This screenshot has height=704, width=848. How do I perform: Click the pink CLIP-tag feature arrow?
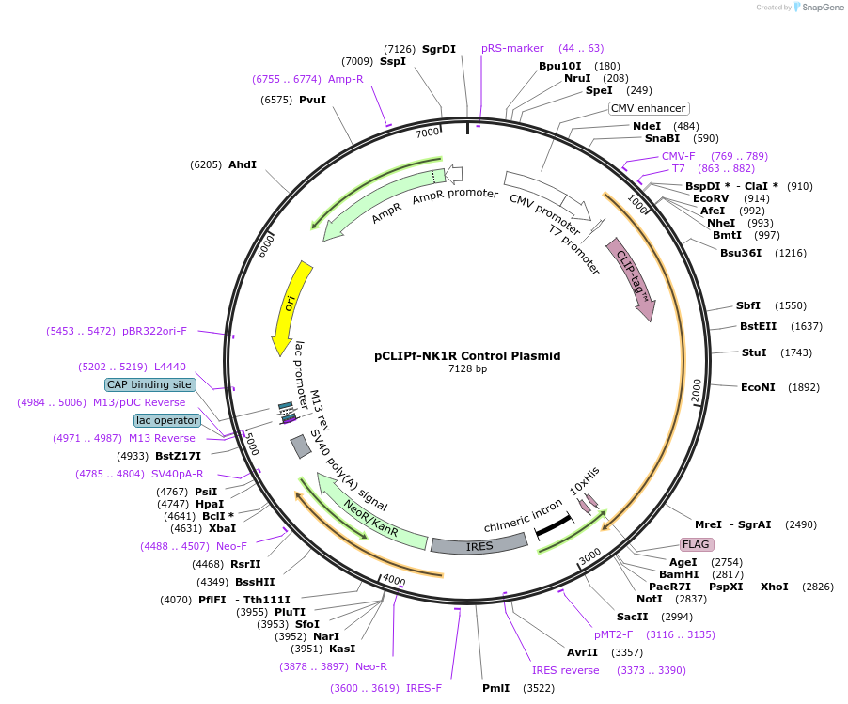(632, 277)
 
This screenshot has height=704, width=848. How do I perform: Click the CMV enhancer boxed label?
(648, 108)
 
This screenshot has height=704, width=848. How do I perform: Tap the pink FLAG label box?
(697, 544)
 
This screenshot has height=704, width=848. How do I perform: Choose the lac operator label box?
(167, 420)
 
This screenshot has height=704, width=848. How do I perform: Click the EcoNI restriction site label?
(760, 387)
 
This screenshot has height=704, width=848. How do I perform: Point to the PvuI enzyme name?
(312, 100)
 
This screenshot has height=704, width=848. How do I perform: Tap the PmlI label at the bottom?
(495, 688)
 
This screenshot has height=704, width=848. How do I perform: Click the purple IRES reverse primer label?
(565, 670)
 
